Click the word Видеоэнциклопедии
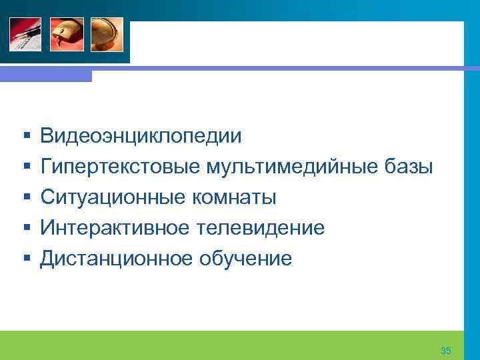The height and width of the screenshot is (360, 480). coord(141,137)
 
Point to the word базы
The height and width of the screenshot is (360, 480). coord(409,167)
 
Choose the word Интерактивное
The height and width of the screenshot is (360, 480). coord(115,228)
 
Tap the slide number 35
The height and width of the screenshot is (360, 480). coord(446,351)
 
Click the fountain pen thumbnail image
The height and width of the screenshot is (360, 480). coord(25,34)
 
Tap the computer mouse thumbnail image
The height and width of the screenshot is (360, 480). coord(66,34)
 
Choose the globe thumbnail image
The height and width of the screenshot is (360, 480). coord(107,34)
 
